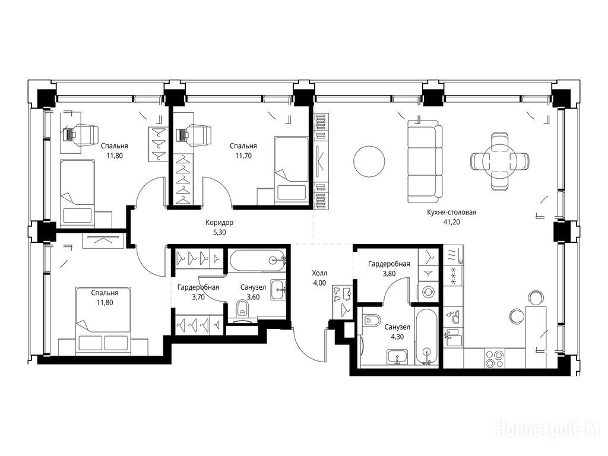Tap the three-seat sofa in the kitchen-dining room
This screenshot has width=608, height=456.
425,161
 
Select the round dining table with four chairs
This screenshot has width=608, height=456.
499,161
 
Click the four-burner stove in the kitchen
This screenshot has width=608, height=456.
495,358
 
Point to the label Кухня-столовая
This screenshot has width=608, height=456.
451,213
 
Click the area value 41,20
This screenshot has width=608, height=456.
451,223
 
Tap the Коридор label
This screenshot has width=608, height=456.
220,223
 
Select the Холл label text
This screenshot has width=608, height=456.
319,273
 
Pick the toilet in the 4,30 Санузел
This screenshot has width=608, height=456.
372,320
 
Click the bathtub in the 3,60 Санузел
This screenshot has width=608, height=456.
258,260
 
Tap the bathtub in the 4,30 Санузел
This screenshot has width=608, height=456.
426,336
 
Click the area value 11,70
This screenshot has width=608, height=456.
243,156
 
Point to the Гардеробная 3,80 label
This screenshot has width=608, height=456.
389,269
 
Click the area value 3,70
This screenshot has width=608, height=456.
198,297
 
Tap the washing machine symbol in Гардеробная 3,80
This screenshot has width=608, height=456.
428,292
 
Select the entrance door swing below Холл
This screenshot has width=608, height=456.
308,344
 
